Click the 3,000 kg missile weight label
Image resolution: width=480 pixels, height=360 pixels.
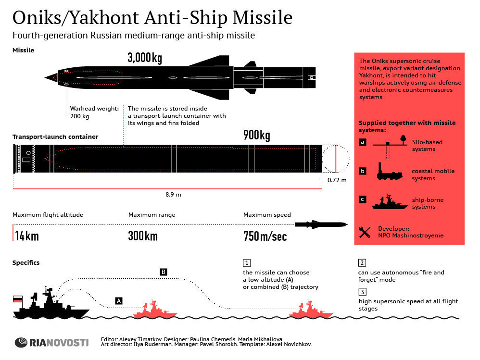[144, 58]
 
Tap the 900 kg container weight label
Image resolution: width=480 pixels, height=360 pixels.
[256, 135]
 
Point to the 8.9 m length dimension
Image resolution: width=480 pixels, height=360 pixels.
[173, 195]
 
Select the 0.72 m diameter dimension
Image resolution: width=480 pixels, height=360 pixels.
[337, 180]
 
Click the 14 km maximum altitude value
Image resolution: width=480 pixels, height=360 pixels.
[27, 236]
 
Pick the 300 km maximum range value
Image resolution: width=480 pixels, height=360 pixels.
[143, 236]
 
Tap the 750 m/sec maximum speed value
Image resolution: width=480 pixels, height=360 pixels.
[265, 236]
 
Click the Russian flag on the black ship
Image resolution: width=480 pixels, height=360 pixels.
[18, 299]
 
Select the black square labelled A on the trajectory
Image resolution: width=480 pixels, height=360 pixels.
[119, 301]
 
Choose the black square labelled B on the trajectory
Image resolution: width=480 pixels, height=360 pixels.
[164, 272]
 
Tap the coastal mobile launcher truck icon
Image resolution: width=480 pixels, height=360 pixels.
[390, 172]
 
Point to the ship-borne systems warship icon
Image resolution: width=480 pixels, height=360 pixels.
[390, 202]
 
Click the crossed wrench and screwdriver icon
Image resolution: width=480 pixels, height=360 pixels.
[364, 232]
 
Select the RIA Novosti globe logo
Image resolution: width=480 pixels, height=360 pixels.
[21, 342]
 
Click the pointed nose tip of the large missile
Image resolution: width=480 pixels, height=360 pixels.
[45, 77]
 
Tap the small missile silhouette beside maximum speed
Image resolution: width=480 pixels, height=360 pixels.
[321, 224]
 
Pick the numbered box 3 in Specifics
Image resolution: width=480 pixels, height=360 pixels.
[362, 292]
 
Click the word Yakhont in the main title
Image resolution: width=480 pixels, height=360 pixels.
[105, 17]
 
